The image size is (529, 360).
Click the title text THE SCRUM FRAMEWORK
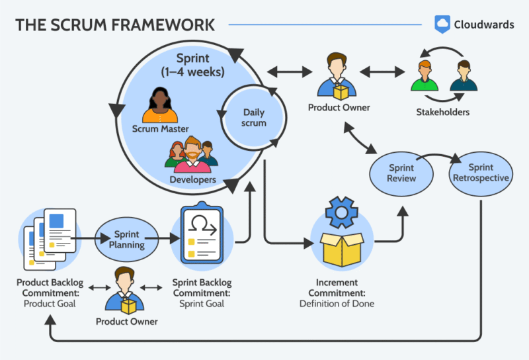tap(115, 25)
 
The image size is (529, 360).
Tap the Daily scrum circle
tap(255, 118)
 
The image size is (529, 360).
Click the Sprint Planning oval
tap(126, 240)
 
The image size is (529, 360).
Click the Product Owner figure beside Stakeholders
tap(339, 77)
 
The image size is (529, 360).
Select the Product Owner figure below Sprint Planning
tap(126, 289)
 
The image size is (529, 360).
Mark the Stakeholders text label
tap(442, 112)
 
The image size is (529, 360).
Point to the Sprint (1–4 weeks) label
tap(199, 64)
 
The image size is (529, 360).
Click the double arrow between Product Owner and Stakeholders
tap(382, 70)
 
